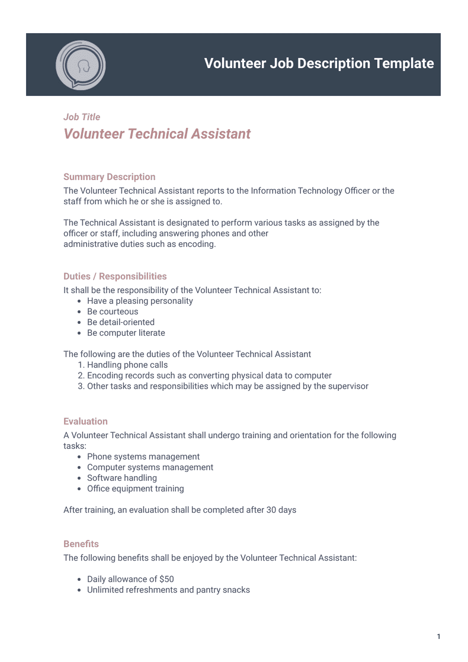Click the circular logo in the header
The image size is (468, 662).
[x=81, y=65]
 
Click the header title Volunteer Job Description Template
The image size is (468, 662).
[x=319, y=64]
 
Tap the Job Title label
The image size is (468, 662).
[x=82, y=117]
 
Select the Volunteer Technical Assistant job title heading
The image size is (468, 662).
[x=157, y=134]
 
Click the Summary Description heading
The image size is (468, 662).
[x=109, y=177]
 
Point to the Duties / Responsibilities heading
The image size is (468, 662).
[x=115, y=277]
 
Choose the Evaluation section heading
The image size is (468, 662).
[x=85, y=422]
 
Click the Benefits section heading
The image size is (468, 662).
[x=81, y=544]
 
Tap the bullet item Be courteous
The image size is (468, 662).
[x=113, y=311]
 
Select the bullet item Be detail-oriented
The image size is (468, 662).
[x=121, y=322]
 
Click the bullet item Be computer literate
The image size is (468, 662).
[x=126, y=333]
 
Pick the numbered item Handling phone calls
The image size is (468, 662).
[x=127, y=365]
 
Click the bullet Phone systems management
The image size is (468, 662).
[x=143, y=457]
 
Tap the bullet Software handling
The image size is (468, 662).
[x=122, y=478]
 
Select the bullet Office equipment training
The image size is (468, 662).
[x=136, y=489]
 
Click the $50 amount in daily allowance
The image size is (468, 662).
[x=166, y=579]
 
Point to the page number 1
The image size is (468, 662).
[x=438, y=637]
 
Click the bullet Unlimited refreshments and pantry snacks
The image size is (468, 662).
[x=168, y=590]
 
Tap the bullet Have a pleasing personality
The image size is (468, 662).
[x=140, y=301]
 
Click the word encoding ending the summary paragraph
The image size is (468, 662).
[x=197, y=244]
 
